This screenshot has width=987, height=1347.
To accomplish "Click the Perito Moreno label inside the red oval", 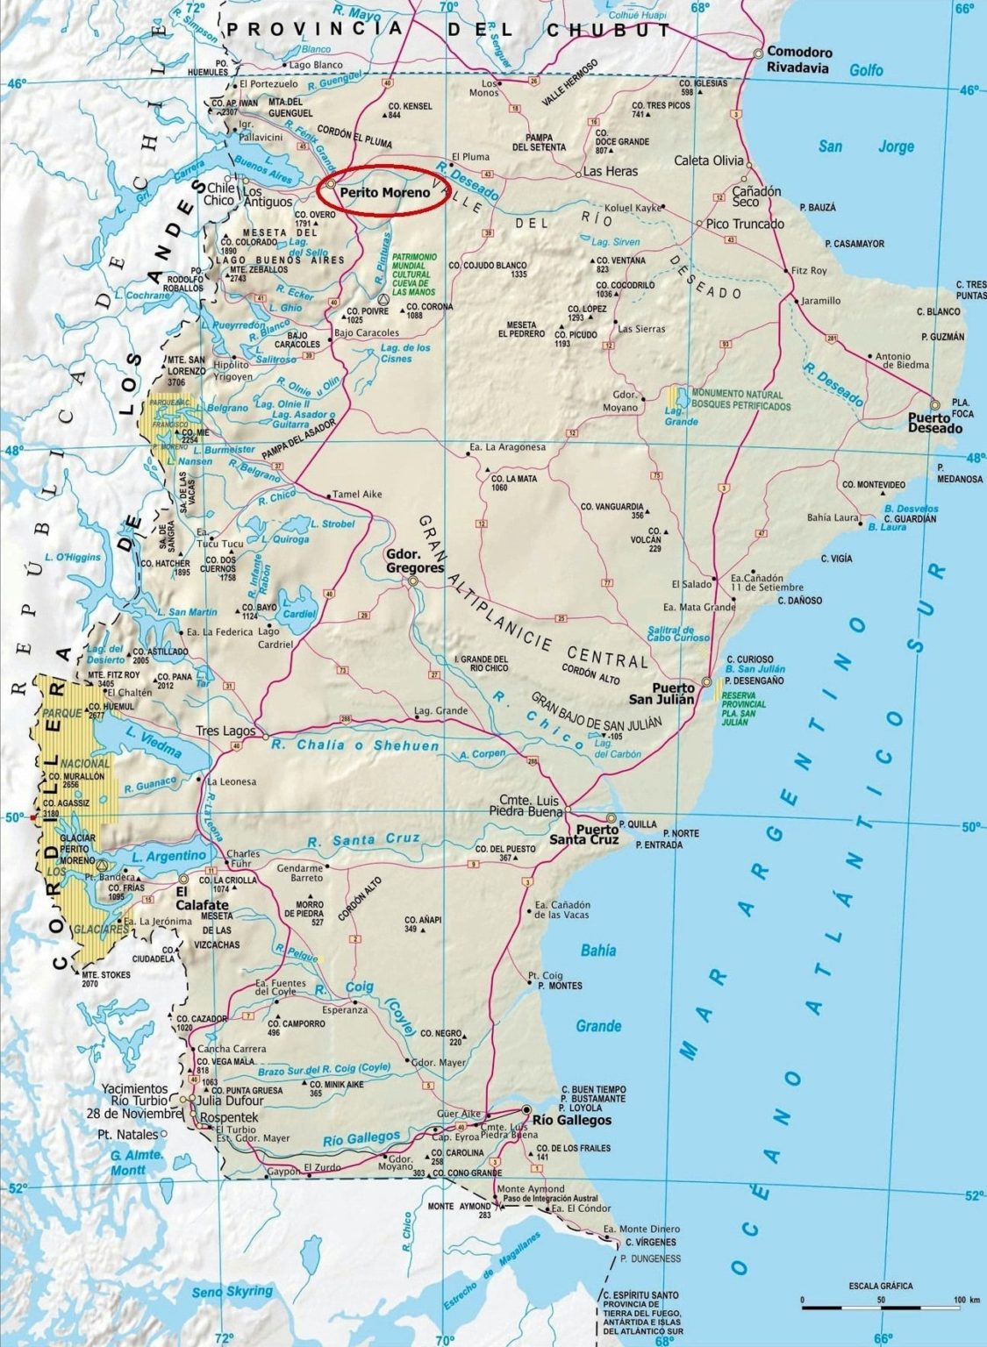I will click(x=385, y=192).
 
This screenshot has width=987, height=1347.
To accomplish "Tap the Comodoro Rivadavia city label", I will click(x=800, y=60).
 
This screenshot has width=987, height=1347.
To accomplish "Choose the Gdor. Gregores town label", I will click(x=415, y=561).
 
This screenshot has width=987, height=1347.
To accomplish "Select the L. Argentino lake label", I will click(x=168, y=855).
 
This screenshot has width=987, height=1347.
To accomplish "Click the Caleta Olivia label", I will click(x=709, y=160).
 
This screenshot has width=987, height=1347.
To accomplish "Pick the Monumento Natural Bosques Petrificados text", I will click(x=740, y=400).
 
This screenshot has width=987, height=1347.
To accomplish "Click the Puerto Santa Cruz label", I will click(x=597, y=834).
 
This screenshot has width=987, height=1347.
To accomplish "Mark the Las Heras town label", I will click(x=611, y=172).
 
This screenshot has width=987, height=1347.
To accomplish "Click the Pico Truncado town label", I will click(x=746, y=224).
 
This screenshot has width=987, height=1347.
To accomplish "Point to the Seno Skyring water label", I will click(x=232, y=1292).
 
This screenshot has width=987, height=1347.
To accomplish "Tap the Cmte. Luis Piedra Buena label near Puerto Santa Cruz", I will click(x=530, y=805).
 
